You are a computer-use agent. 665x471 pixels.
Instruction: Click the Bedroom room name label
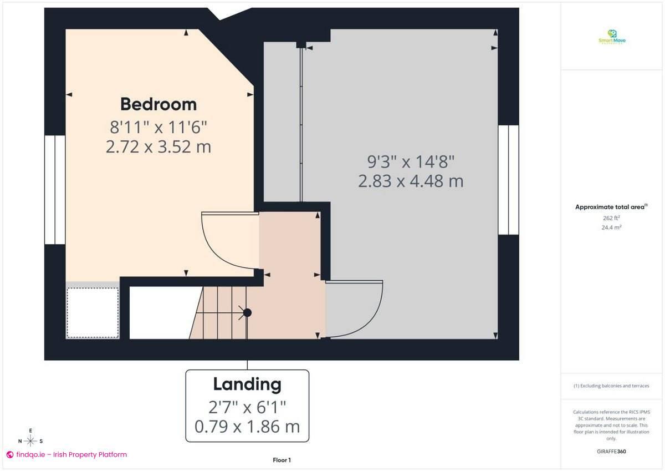158,104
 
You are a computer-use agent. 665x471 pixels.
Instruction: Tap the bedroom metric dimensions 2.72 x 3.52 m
158,148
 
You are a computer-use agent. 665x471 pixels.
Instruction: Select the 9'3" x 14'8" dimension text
411,162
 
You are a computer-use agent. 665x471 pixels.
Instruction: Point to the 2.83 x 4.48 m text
411,181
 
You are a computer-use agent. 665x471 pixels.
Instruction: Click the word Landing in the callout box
247,384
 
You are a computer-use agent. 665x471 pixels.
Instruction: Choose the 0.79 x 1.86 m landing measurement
247,427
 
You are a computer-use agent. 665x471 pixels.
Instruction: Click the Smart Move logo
612,37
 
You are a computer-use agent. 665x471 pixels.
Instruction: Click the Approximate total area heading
611,207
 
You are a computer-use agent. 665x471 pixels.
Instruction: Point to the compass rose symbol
31,441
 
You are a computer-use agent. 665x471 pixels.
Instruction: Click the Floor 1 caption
282,460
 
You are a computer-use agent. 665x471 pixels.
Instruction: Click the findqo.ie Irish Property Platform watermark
66,454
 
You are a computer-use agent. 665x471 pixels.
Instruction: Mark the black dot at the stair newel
247,313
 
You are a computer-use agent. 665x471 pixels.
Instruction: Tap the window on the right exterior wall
508,180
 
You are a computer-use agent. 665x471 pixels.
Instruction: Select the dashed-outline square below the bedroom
93,312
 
